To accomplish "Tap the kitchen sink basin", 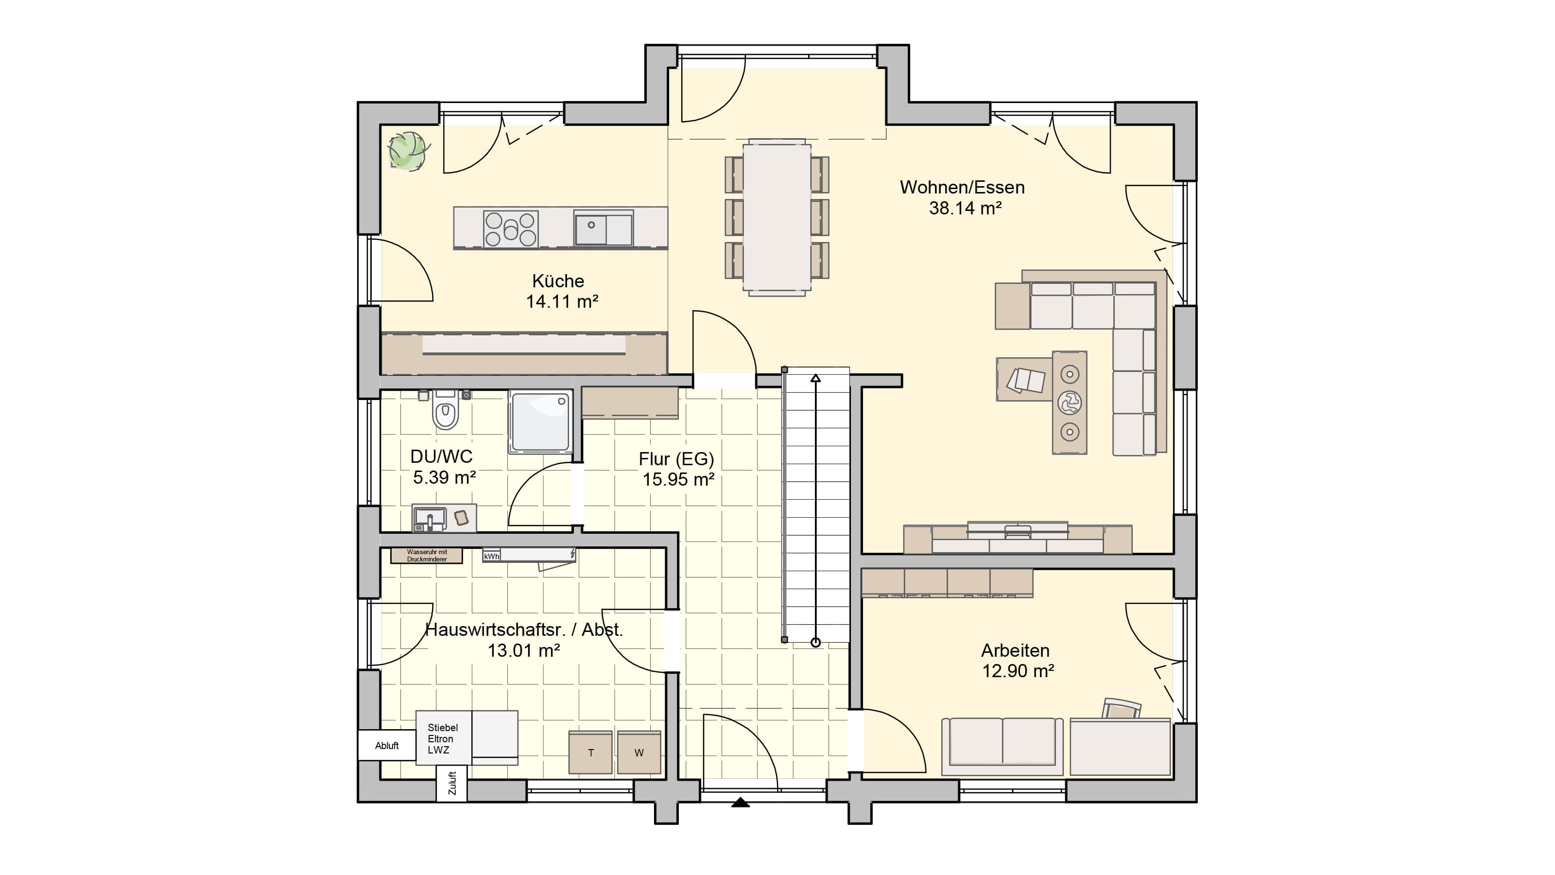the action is [591, 229].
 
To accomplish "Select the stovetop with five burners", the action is [511, 229].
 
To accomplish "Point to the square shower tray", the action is [540, 421].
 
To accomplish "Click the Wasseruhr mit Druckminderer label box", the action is [427, 556].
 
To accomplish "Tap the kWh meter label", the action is [491, 556].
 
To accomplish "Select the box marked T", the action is [591, 752].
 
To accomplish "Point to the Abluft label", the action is [387, 746].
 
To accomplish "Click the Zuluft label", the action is [452, 783].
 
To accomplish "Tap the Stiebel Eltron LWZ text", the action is [443, 738].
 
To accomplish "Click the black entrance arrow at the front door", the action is [741, 802].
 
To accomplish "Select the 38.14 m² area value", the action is [965, 209].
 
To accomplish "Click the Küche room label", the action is [558, 281].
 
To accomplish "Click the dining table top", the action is [777, 217].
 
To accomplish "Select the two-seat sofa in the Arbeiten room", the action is [1002, 746].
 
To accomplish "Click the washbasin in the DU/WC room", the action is [429, 518].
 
